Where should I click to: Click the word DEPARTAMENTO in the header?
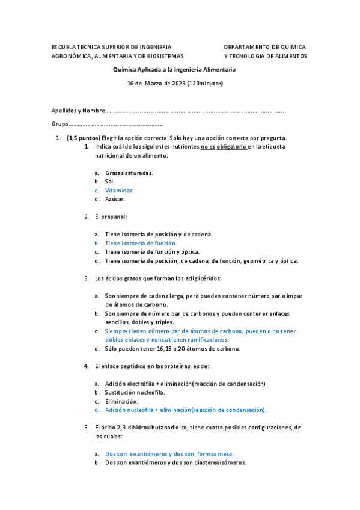[x=246, y=47]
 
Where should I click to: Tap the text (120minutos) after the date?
[x=206, y=83]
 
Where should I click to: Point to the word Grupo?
[x=60, y=124]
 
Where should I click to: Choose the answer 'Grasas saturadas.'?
[x=129, y=173]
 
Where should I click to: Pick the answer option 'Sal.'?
[x=109, y=181]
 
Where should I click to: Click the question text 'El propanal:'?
[x=111, y=217]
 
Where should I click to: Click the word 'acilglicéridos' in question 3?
[x=203, y=278]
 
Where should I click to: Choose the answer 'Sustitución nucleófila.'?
[x=135, y=392]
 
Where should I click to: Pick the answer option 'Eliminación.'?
[x=121, y=401]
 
